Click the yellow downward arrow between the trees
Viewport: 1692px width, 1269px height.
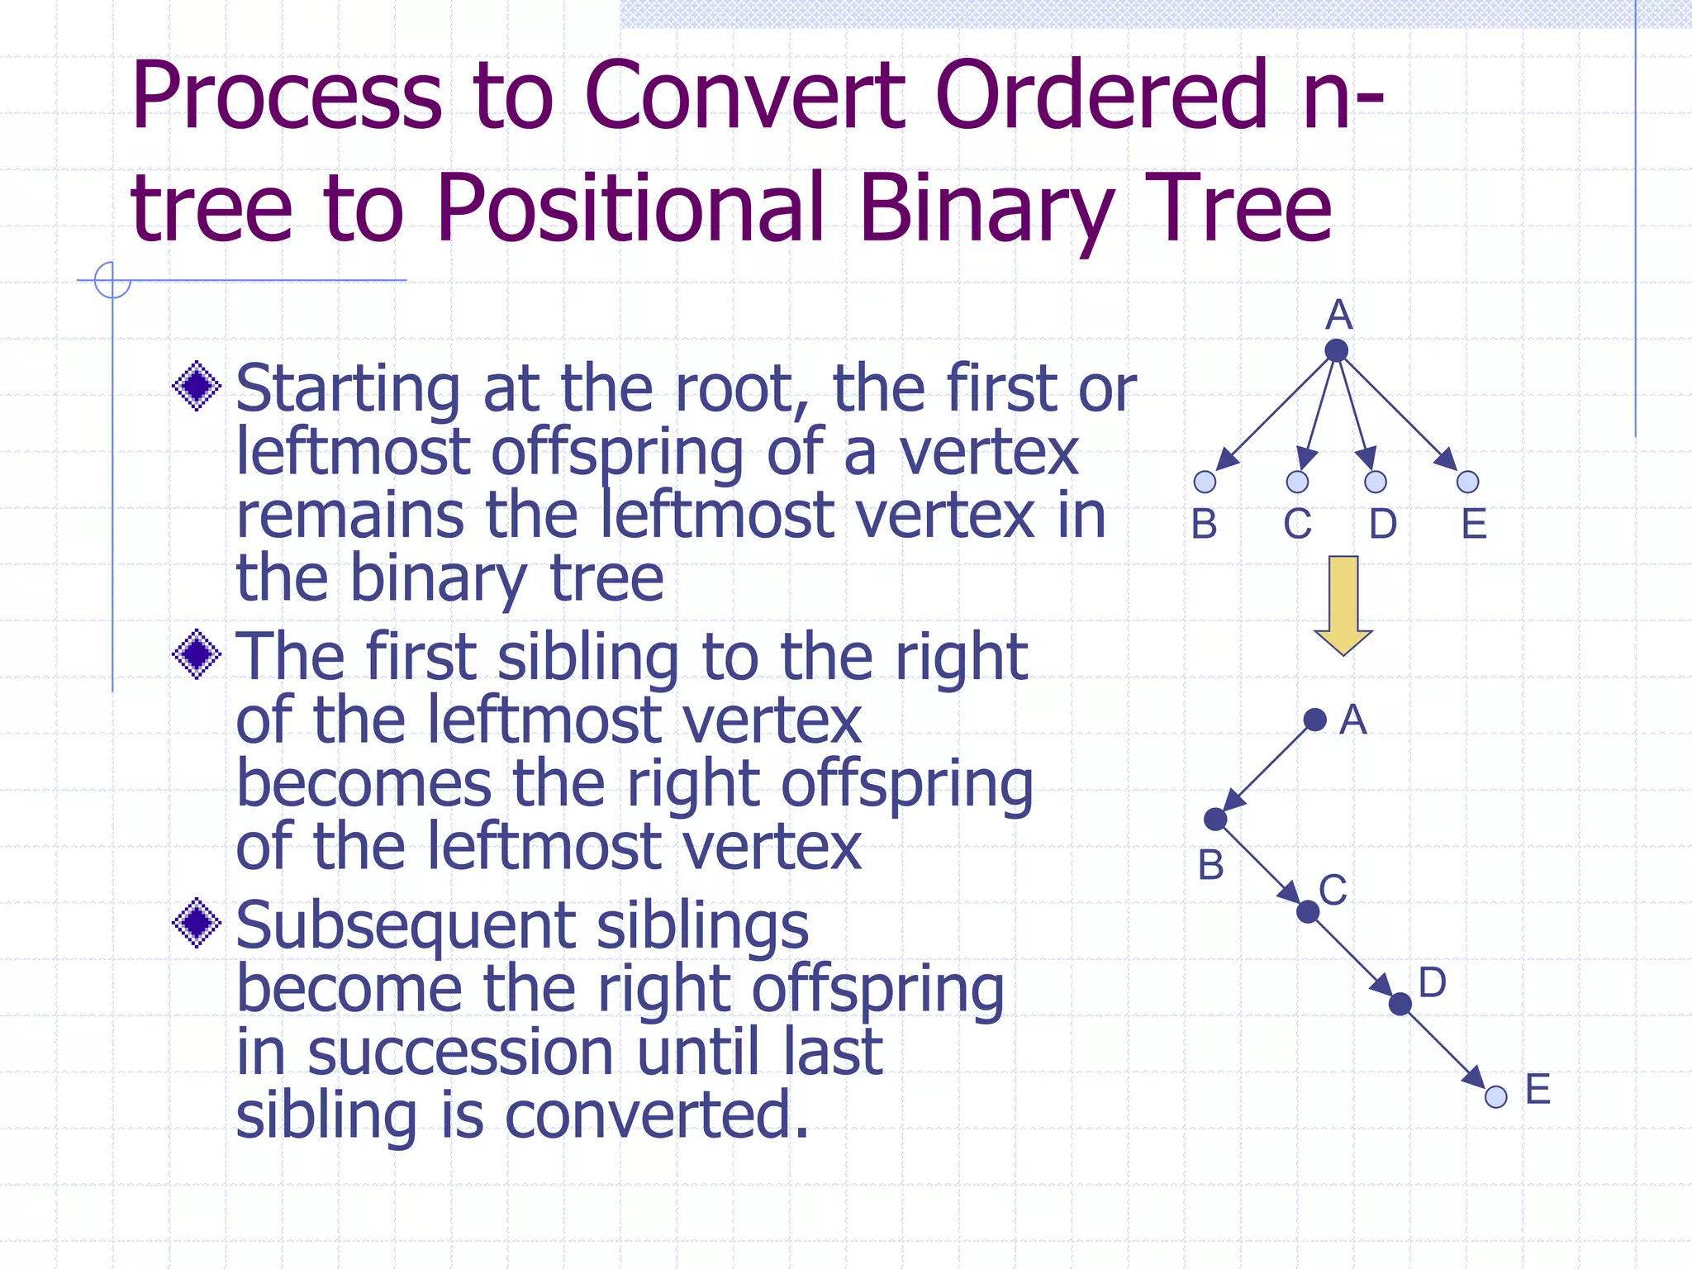coord(1343,604)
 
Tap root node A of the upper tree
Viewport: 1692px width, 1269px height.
coord(1336,350)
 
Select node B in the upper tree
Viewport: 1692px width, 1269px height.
coord(1205,482)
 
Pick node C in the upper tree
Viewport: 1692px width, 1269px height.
coord(1298,482)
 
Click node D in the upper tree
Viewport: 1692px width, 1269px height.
coord(1376,482)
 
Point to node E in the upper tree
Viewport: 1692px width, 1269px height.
coord(1468,482)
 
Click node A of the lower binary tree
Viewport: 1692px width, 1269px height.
coord(1315,720)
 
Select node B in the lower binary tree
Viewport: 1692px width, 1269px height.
coord(1215,820)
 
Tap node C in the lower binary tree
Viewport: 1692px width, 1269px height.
coord(1308,912)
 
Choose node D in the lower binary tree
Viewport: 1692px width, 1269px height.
coord(1400,1005)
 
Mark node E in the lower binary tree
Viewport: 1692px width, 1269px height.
coord(1496,1097)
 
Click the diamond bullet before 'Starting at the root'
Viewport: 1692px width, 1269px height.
coord(197,386)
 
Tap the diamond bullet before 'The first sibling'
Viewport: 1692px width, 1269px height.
coord(197,655)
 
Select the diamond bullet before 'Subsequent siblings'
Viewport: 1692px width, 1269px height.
coord(197,924)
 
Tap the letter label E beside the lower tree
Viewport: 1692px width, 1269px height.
coord(1538,1089)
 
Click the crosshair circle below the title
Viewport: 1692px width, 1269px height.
coord(112,280)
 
